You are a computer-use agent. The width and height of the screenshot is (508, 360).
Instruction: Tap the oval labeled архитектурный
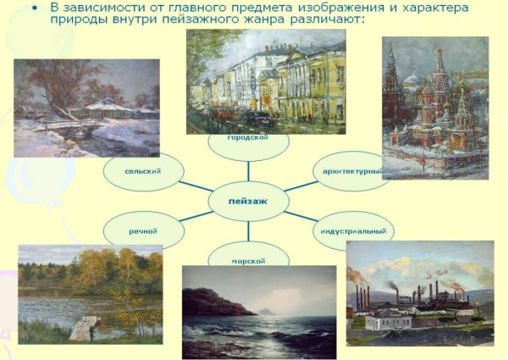pos(351,171)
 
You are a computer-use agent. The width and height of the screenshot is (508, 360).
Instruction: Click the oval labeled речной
pos(143,230)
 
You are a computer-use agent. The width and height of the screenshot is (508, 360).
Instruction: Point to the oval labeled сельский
pos(143,171)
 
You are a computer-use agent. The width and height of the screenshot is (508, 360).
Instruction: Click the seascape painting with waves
pos(259,313)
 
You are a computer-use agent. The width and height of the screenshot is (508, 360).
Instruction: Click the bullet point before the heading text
pos(34,8)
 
